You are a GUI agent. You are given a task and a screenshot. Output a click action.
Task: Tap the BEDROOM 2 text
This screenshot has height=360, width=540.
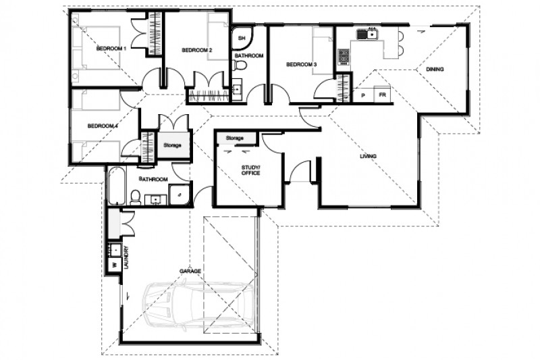tap(197, 51)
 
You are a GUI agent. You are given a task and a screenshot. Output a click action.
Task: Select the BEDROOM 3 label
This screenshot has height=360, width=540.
tap(301, 65)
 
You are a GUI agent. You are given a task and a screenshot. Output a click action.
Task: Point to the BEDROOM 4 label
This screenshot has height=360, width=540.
tap(103, 125)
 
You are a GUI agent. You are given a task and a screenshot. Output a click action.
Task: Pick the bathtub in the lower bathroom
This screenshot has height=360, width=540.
tap(116, 185)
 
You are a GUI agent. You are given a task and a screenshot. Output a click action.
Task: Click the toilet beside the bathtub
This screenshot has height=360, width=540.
tap(135, 197)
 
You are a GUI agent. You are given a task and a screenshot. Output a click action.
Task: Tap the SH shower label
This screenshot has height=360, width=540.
tap(241, 38)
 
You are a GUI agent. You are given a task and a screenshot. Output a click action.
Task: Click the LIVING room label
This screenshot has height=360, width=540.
tap(368, 157)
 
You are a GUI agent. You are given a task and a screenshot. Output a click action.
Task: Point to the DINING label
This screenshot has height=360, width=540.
tap(434, 68)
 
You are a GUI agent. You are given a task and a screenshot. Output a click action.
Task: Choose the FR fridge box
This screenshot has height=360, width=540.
tap(382, 96)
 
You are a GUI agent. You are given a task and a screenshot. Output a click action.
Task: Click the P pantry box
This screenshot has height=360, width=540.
tap(363, 96)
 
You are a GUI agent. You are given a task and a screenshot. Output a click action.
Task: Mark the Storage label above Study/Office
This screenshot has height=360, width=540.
tap(234, 138)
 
